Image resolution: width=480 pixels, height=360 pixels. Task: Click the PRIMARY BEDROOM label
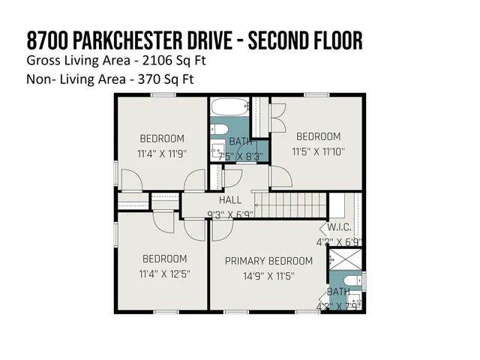click(269, 261)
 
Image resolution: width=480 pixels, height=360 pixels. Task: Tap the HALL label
click(230, 200)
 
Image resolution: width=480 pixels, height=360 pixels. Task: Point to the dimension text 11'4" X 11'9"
click(161, 153)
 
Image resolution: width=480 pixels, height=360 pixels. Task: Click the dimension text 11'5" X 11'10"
click(318, 151)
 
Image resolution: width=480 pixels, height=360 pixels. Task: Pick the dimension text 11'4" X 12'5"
click(165, 274)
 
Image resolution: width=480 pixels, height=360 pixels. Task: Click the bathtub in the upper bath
click(228, 108)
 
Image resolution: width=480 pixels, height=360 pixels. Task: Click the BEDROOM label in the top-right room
click(318, 136)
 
